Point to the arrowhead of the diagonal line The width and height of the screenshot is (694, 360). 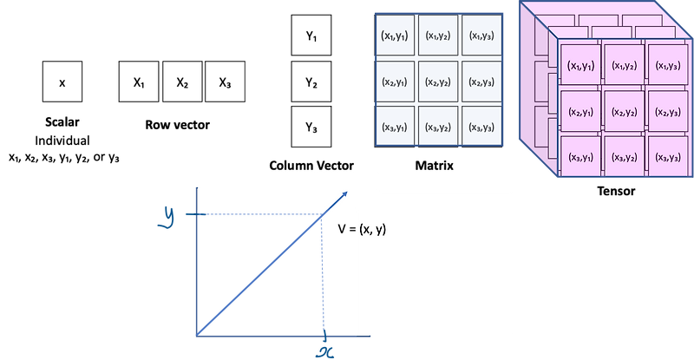(345, 194)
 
